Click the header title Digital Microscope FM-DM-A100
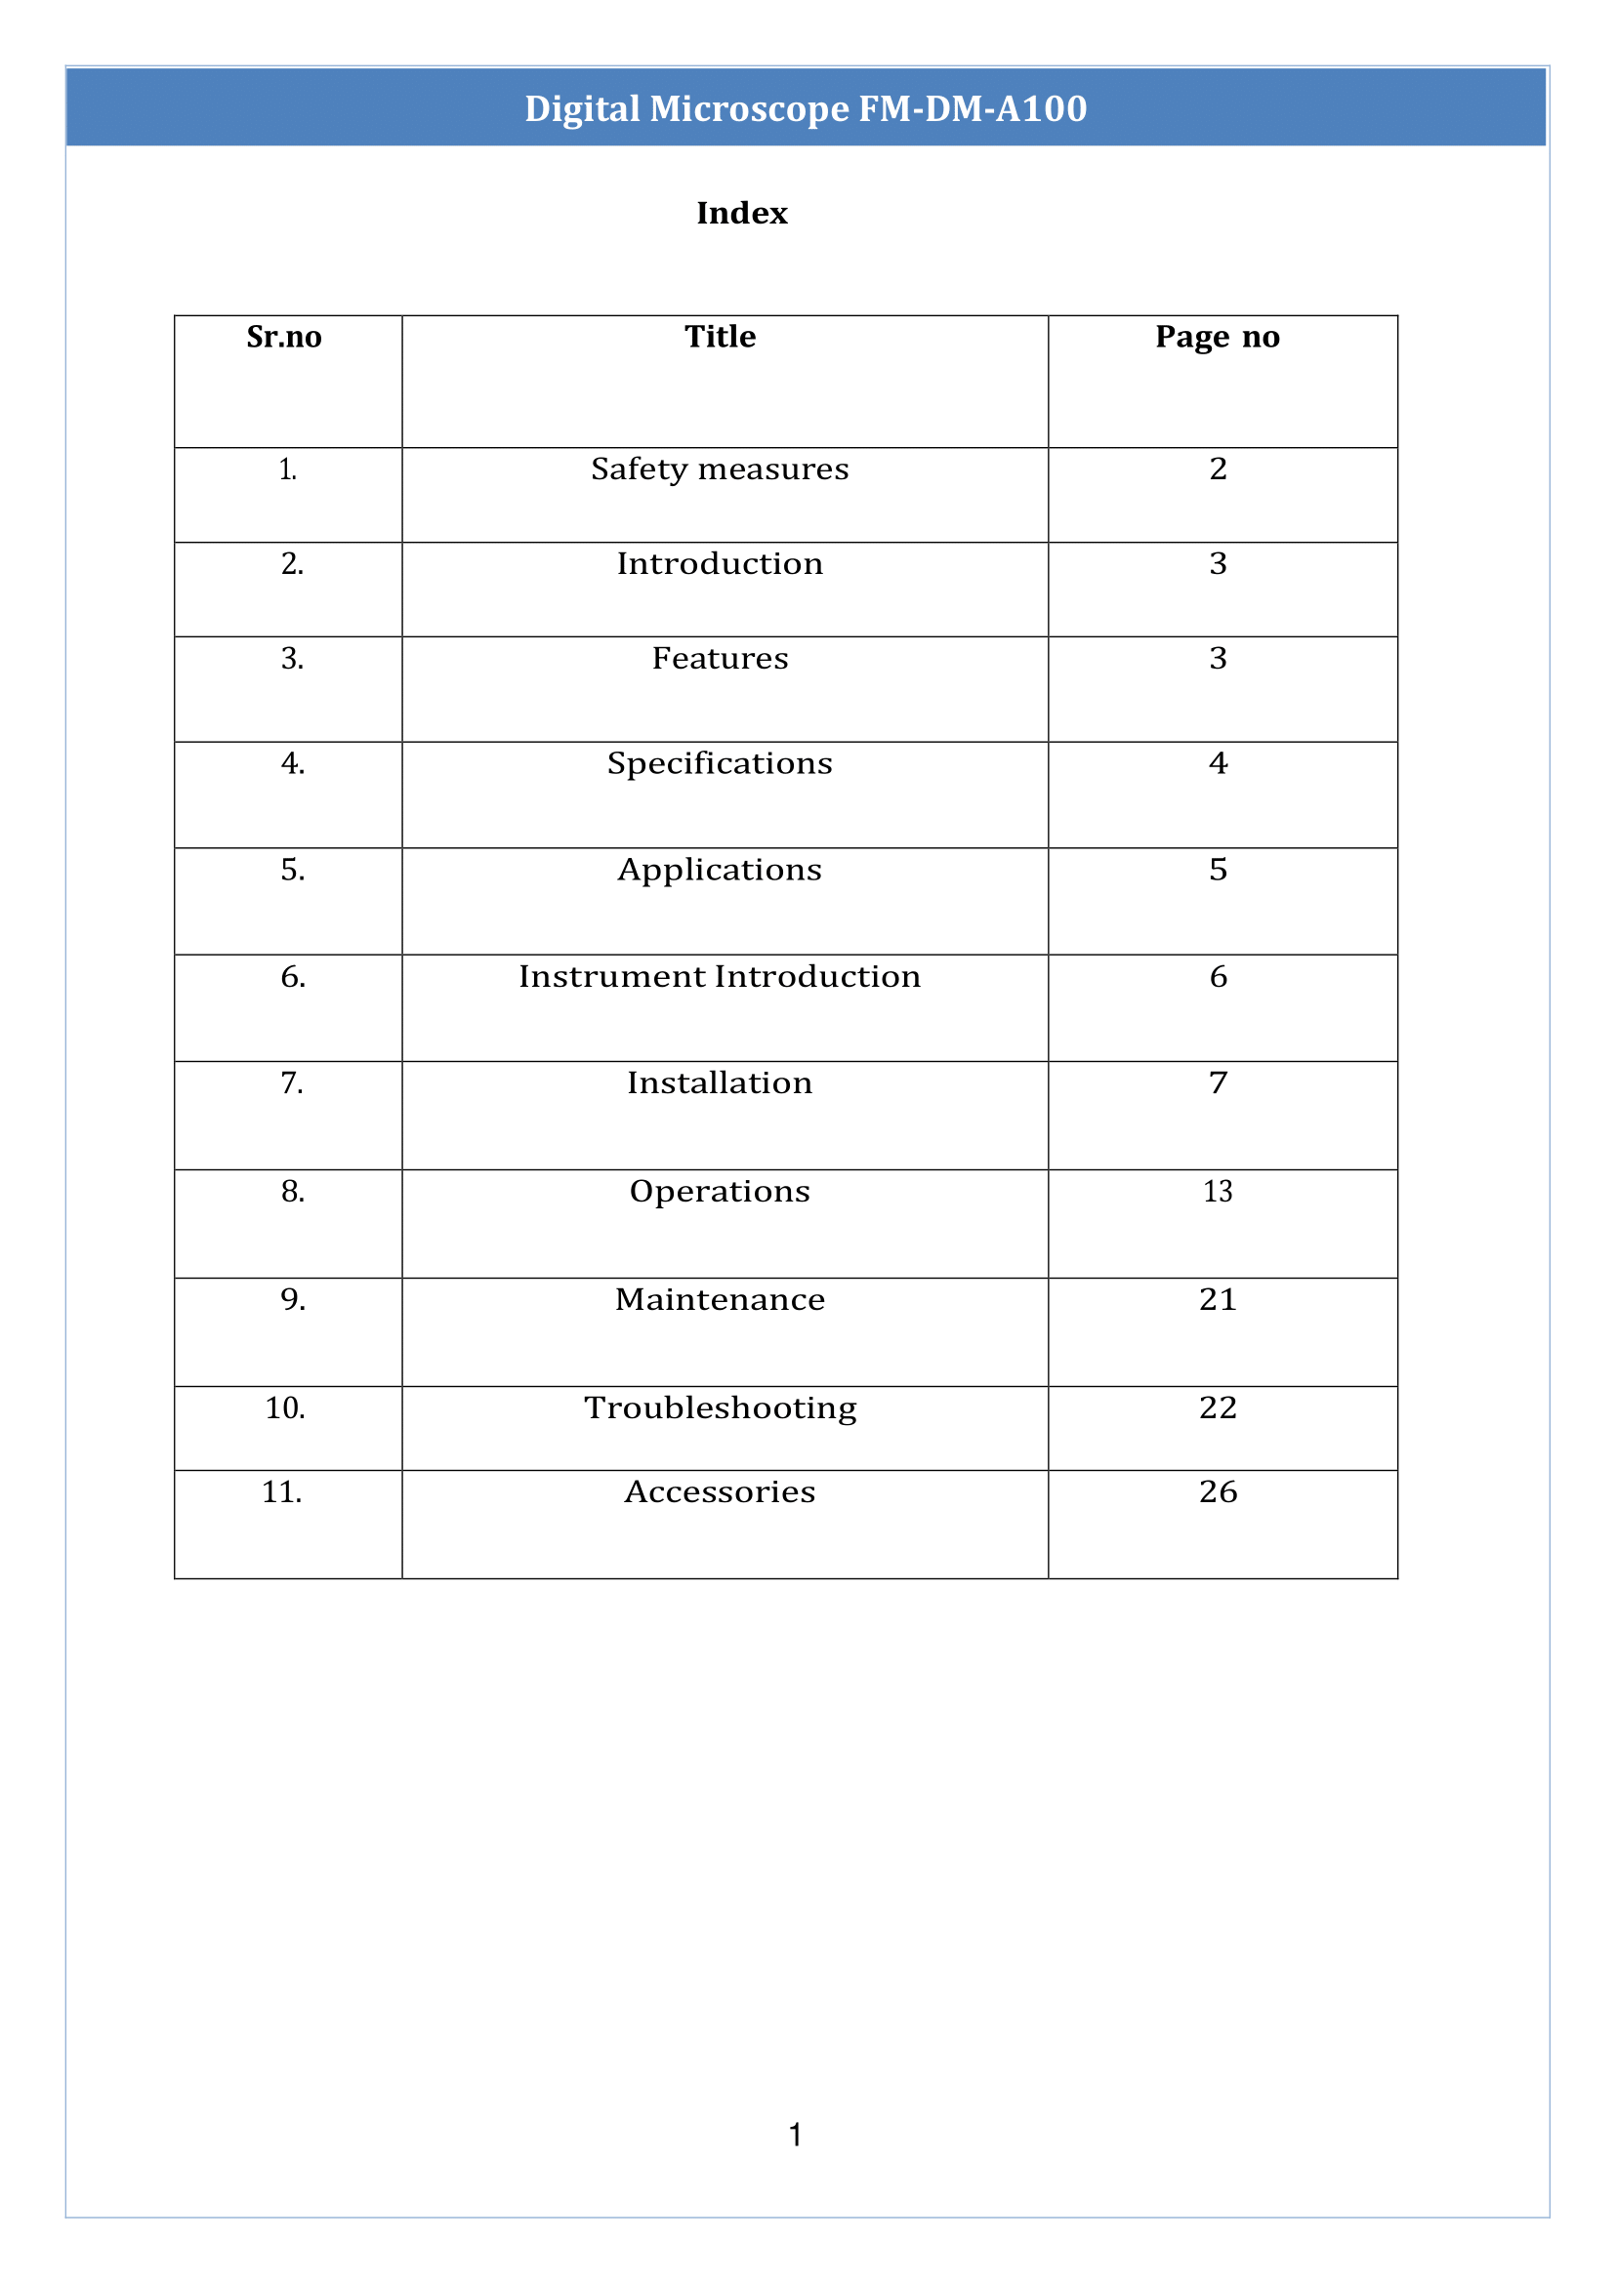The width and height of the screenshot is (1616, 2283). pos(805,108)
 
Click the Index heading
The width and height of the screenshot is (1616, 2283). pos(741,213)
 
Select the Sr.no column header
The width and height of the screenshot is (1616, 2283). pos(283,337)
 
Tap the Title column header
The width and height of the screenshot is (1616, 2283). pos(720,337)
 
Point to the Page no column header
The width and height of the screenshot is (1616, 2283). pos(1217,337)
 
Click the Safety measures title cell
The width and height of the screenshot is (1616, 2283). pos(720,469)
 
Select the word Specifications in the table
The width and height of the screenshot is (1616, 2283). pos(720,763)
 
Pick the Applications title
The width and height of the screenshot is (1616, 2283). pos(720,870)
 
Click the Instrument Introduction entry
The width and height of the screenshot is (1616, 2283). pos(720,976)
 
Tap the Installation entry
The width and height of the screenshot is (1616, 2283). pos(720,1082)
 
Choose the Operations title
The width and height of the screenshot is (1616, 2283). pos(720,1191)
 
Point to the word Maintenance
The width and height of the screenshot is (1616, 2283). pos(720,1299)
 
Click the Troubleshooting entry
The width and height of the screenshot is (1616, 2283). pos(720,1407)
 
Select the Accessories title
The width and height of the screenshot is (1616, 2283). pos(720,1491)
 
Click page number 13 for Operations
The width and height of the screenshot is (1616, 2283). pos(1217,1191)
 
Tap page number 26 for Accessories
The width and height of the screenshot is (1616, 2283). pos(1217,1491)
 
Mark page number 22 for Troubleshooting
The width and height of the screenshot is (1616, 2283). pos(1217,1407)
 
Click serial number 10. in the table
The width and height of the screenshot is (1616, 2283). pos(284,1407)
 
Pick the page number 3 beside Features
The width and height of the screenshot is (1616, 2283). pos(1217,658)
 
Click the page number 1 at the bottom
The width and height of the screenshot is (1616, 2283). pos(795,2134)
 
